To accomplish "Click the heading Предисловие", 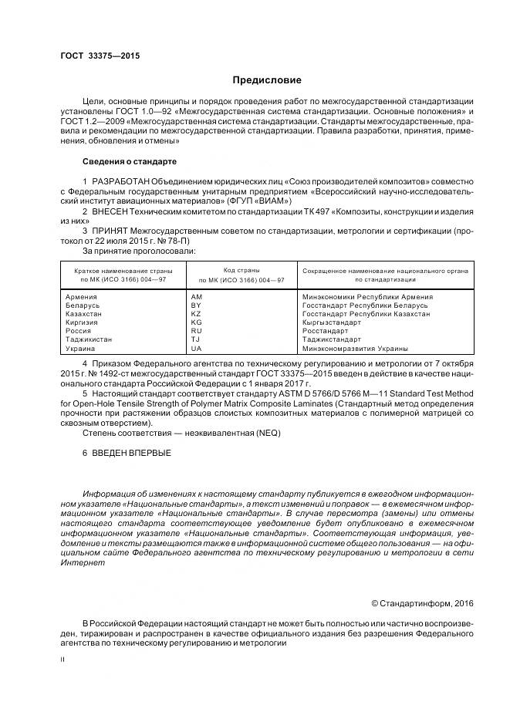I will point(267,80).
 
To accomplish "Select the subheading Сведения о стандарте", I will point(130,162).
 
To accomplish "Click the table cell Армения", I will point(82,296).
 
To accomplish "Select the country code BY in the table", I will point(195,305).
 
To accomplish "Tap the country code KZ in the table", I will point(195,314).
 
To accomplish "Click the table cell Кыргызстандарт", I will point(332,322).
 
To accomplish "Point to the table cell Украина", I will point(81,348).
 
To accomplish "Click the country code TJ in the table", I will point(195,339).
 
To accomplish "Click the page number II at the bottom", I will point(63,660).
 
